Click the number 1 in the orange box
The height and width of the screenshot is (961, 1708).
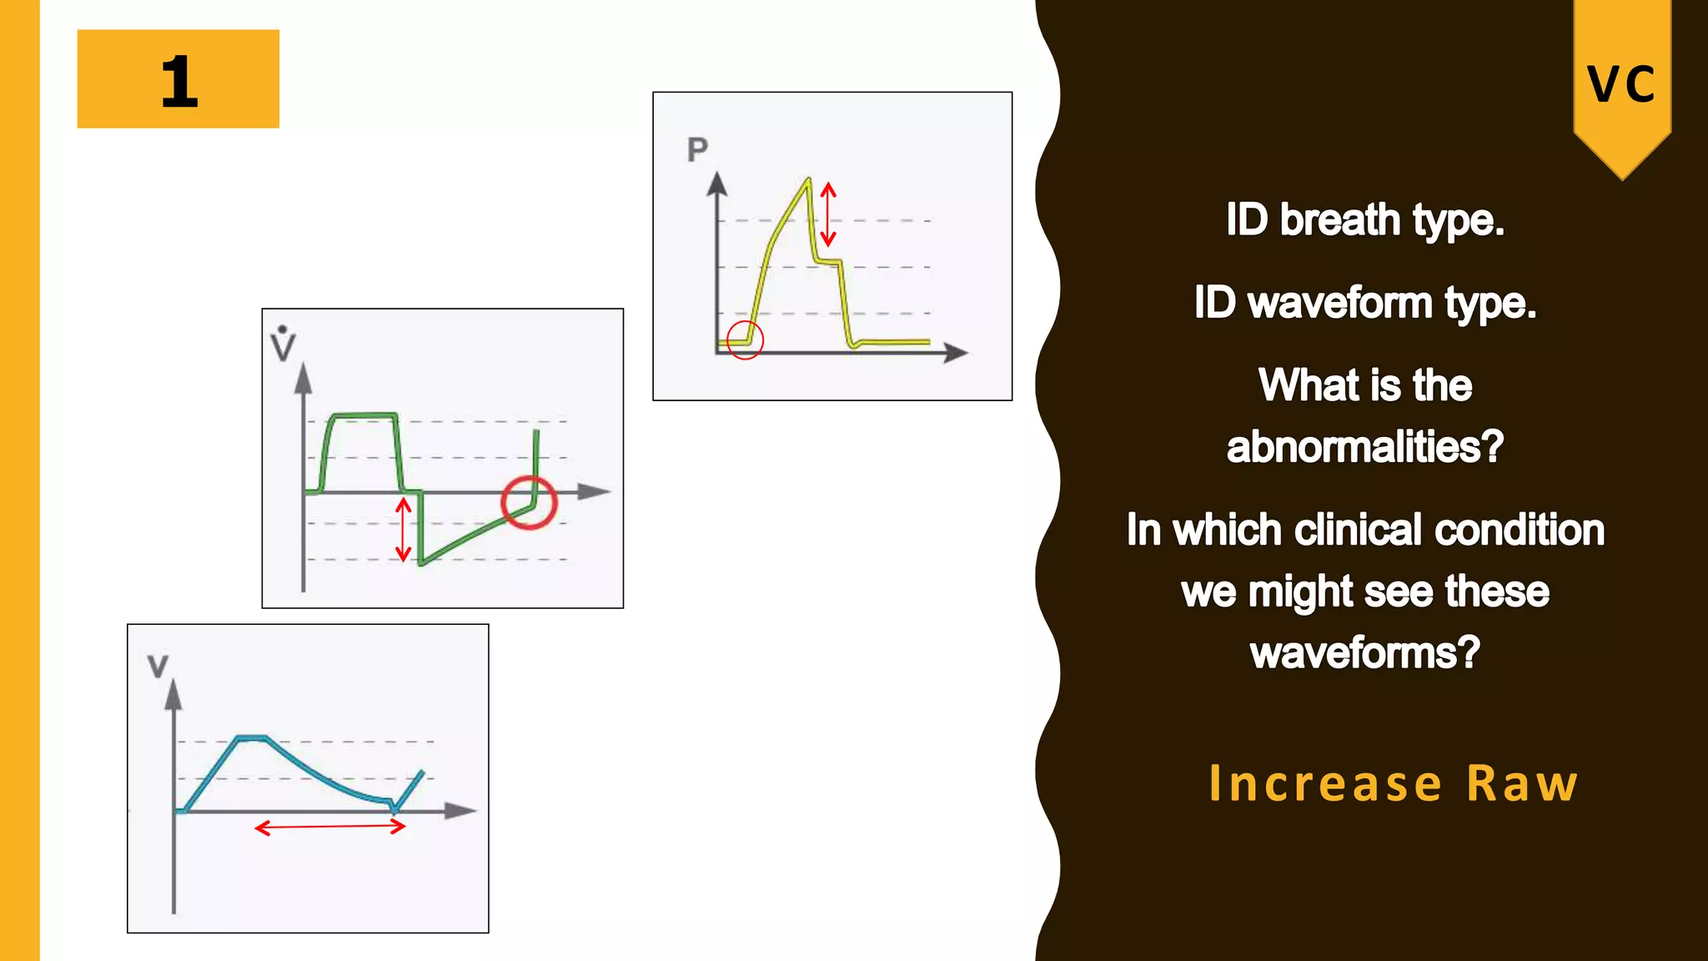[178, 82]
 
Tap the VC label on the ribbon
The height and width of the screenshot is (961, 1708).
[1620, 85]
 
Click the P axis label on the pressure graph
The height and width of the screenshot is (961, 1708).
[697, 150]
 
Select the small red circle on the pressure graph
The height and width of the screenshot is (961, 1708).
[745, 340]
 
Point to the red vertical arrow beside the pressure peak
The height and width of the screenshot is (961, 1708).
[827, 214]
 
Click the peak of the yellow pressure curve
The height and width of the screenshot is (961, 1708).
[807, 180]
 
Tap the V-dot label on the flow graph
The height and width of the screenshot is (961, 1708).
[284, 344]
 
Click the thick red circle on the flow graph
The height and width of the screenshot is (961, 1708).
[529, 502]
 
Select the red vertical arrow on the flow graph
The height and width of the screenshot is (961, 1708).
[403, 529]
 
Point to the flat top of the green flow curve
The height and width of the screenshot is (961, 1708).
[364, 415]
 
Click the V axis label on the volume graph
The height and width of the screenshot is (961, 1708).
[158, 666]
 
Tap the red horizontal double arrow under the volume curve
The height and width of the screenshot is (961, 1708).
[330, 827]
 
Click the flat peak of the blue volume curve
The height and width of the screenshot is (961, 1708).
[251, 737]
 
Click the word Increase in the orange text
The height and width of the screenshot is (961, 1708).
[1325, 784]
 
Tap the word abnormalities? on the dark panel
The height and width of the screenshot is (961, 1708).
[1365, 447]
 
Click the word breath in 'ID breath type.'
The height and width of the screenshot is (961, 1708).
[1340, 220]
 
